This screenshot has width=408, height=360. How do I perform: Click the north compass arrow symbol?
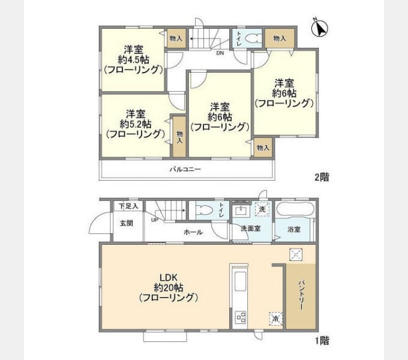pyautogui.click(x=321, y=27)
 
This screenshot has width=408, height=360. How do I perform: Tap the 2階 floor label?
pyautogui.click(x=321, y=178)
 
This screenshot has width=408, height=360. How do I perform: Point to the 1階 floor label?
pyautogui.click(x=321, y=340)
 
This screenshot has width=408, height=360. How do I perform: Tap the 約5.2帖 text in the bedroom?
pyautogui.click(x=134, y=124)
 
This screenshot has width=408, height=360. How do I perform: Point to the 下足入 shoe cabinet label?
pyautogui.click(x=127, y=206)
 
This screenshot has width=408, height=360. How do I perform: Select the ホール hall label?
pyautogui.click(x=193, y=232)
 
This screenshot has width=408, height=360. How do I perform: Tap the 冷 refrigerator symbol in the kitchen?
pyautogui.click(x=275, y=318)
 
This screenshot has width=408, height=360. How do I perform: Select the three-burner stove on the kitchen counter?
pyautogui.click(x=241, y=316)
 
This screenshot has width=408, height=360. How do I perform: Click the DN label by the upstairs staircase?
pyautogui.click(x=220, y=52)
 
